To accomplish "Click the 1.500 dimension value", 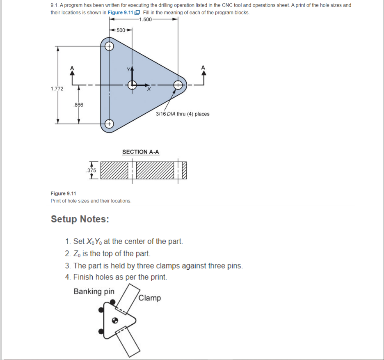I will pos(145,19).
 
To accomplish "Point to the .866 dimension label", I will pos(78,105).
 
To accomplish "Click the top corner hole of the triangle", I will pos(109,46).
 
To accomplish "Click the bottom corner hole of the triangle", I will pos(109,124).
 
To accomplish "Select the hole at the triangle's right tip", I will pos(178,85).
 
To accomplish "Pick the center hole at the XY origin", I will pos(132,85).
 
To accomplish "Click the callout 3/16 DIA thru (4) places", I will pos(183,114).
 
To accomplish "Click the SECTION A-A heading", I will pos(141,152).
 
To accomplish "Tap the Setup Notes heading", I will pos(80,219).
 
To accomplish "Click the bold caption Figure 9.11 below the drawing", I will pos(63,193).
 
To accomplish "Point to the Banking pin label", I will pos(94,291).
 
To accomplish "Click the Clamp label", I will pos(150,298).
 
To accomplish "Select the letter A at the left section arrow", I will pos(72,67).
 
